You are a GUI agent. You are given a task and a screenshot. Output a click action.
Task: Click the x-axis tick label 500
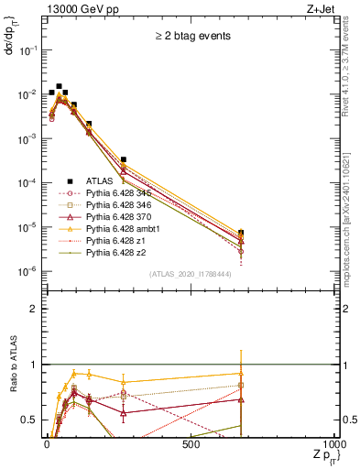[x=191, y=445]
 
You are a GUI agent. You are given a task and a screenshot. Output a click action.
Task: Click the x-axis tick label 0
[x=46, y=445]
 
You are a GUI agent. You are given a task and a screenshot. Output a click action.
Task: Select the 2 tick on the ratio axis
[x=35, y=309]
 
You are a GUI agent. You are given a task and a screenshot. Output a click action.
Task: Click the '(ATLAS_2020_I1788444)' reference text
[x=190, y=274]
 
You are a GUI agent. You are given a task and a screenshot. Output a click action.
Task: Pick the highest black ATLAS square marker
[x=60, y=86]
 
